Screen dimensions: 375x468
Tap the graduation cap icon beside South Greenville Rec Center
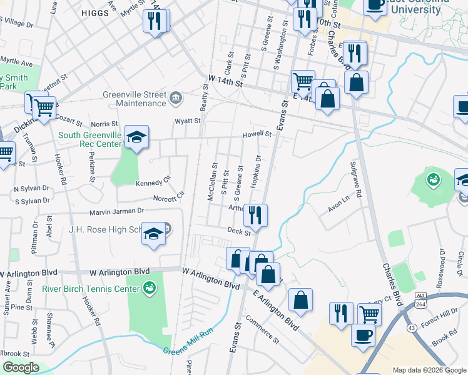136,137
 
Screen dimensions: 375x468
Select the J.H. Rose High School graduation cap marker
152,234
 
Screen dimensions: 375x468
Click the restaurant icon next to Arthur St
255,216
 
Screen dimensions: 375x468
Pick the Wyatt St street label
188,121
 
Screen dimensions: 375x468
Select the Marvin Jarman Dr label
117,212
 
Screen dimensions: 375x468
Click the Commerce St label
262,332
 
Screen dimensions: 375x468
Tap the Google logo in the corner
20,367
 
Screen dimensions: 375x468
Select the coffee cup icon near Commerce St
363,335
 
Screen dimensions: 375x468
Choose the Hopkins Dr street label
255,172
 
